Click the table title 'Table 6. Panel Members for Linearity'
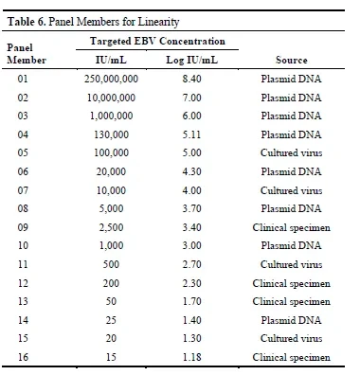pyautogui.click(x=93, y=22)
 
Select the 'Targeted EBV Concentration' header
pyautogui.click(x=157, y=41)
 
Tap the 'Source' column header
pyautogui.click(x=291, y=60)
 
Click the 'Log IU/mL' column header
pyautogui.click(x=192, y=60)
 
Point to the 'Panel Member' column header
pyautogui.click(x=27, y=54)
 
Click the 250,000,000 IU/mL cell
pyautogui.click(x=111, y=79)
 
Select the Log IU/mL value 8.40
pyautogui.click(x=191, y=79)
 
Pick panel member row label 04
pyautogui.click(x=23, y=134)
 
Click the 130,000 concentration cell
pyautogui.click(x=111, y=134)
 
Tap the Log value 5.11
pyautogui.click(x=191, y=134)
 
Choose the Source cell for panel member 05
pyautogui.click(x=291, y=152)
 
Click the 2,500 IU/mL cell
pyautogui.click(x=111, y=227)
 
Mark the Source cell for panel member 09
pyautogui.click(x=291, y=228)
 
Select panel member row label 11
pyautogui.click(x=23, y=264)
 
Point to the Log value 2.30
pyautogui.click(x=191, y=283)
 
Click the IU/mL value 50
pyautogui.click(x=111, y=301)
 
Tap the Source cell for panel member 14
pyautogui.click(x=291, y=320)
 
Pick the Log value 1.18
pyautogui.click(x=191, y=357)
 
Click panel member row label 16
pyautogui.click(x=23, y=357)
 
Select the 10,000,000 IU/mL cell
pyautogui.click(x=111, y=98)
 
